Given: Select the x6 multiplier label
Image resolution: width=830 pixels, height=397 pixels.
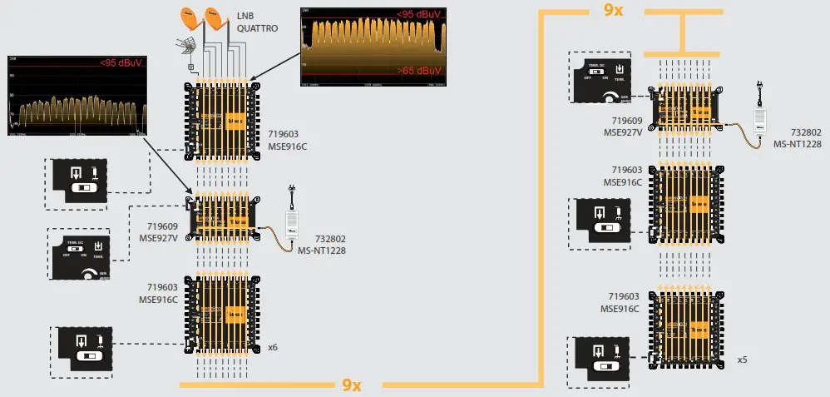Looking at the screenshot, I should (271, 346).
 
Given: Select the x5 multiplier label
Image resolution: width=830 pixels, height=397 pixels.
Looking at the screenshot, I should (742, 360).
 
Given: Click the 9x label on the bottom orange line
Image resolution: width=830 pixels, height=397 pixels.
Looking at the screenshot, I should (352, 385).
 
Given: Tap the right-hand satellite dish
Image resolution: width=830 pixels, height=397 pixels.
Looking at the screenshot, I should (215, 18).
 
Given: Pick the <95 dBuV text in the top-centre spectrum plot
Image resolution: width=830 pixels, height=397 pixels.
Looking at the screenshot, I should (417, 14).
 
